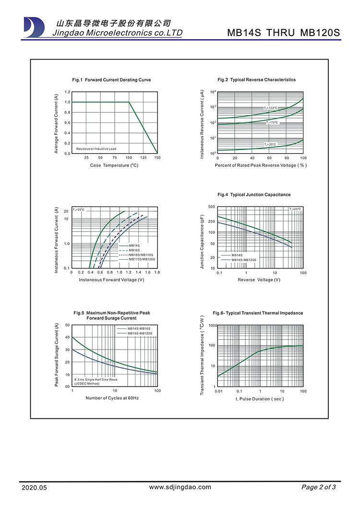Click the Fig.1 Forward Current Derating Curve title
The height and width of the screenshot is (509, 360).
(111, 80)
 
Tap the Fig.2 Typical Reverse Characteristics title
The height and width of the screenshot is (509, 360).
(256, 80)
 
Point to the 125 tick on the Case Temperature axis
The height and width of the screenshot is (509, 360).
(143, 158)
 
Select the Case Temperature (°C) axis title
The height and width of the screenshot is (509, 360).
(114, 165)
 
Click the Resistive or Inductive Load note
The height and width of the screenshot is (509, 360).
(96, 149)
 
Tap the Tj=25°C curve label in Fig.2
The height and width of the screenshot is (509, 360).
(270, 144)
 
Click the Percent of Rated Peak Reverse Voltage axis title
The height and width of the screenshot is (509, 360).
(261, 165)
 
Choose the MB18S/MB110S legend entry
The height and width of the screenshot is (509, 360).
(141, 254)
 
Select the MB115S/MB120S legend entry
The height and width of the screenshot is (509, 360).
(142, 259)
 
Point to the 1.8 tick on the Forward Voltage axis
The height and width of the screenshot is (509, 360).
(157, 272)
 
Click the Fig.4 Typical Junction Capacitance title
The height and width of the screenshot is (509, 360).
(254, 194)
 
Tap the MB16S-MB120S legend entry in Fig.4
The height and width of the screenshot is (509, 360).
(243, 260)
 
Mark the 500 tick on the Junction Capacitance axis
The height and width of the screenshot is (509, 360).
(212, 207)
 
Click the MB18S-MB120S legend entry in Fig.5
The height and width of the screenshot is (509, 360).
(140, 333)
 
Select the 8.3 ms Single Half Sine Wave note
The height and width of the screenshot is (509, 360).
(96, 379)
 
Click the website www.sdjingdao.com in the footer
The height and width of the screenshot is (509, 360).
(180, 487)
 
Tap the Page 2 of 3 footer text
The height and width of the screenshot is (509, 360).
(318, 487)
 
